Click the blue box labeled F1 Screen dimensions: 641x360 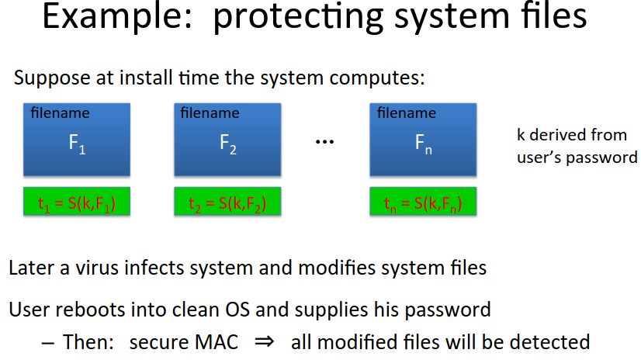77,140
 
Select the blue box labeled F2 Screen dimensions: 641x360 227,140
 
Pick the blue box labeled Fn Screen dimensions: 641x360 423,140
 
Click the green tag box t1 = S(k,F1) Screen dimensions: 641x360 77,202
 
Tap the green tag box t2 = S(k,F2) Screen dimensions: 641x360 227,202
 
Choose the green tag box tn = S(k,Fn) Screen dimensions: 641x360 423,202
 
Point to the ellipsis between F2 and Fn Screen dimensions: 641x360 325,142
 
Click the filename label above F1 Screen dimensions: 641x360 60,112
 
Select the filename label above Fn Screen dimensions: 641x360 407,112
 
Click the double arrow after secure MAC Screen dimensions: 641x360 264,341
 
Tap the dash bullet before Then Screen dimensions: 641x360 48,343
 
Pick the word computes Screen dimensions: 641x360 377,78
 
